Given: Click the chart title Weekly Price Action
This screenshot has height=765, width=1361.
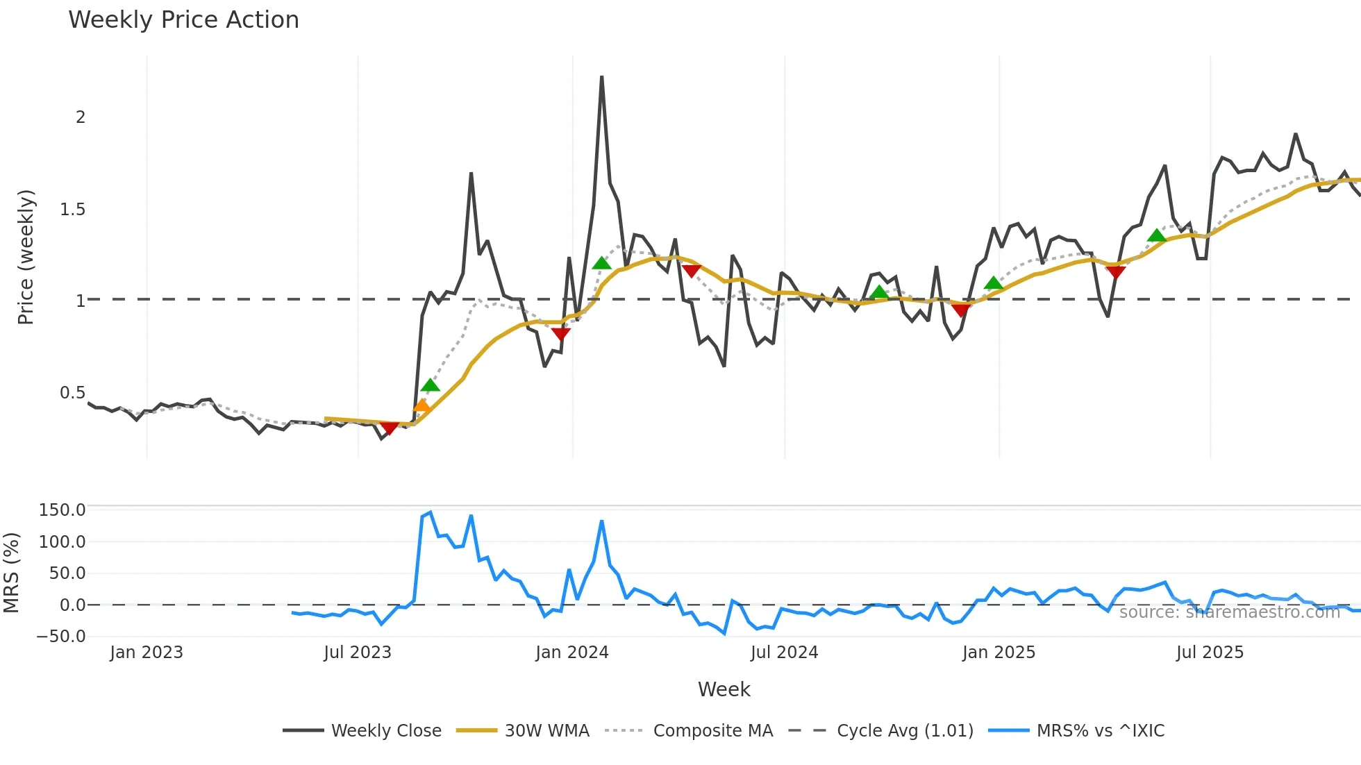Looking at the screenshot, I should pyautogui.click(x=183, y=20).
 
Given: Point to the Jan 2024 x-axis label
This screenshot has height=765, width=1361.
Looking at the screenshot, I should pyautogui.click(x=571, y=653).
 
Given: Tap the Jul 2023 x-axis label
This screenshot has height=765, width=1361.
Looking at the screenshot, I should pyautogui.click(x=358, y=653).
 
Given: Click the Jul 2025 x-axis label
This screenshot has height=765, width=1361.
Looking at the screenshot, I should pyautogui.click(x=1210, y=653).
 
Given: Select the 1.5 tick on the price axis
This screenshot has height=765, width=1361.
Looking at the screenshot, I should pyautogui.click(x=73, y=209).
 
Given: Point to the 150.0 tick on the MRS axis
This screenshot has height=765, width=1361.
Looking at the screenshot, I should pyautogui.click(x=62, y=510).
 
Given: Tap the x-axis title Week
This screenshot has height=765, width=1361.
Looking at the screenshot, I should pyautogui.click(x=724, y=689).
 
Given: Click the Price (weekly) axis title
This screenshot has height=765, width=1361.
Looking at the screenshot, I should pyautogui.click(x=26, y=257).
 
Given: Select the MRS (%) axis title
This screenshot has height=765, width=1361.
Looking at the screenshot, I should pyautogui.click(x=11, y=573).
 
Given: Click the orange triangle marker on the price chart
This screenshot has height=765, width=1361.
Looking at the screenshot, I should pyautogui.click(x=421, y=406).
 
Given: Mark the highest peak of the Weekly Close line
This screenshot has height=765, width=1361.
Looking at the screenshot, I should pyautogui.click(x=601, y=77).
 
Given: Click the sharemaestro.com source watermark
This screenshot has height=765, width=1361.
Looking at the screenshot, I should pyautogui.click(x=1229, y=612).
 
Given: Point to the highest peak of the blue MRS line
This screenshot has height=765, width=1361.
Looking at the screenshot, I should pyautogui.click(x=431, y=512).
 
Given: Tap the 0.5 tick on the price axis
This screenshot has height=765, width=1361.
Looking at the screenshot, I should pyautogui.click(x=73, y=393).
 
